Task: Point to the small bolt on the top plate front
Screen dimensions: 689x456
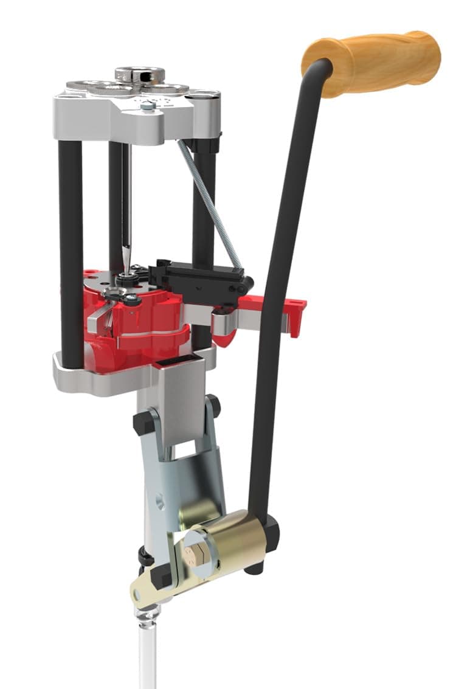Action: pos(147,106)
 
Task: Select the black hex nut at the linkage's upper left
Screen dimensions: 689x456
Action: pos(142,423)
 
